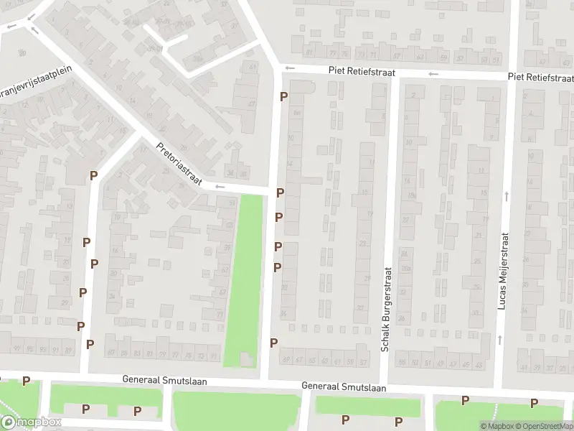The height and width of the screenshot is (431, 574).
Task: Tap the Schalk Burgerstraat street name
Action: (386, 310)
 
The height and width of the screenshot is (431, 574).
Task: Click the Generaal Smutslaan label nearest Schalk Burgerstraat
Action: (344, 387)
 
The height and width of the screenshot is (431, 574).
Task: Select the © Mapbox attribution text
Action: (497, 426)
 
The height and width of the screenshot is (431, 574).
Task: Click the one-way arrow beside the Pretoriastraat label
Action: (220, 187)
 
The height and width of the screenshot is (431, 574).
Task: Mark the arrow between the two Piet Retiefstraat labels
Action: (433, 74)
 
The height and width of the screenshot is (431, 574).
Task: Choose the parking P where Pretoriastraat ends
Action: (280, 193)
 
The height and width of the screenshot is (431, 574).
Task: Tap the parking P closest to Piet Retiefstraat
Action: (283, 96)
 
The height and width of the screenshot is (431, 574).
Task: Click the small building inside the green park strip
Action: (245, 358)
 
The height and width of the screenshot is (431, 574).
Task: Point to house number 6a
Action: (297, 113)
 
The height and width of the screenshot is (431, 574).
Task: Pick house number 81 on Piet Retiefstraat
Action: (309, 52)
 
